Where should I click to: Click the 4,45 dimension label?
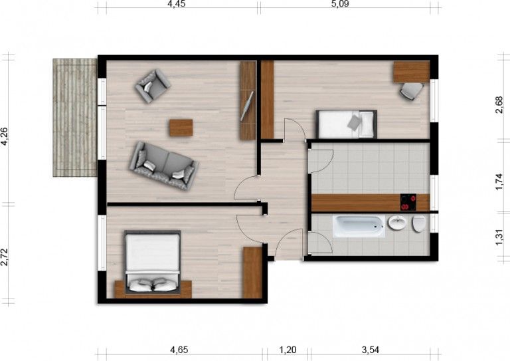[177, 4]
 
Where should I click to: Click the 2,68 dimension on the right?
[499, 106]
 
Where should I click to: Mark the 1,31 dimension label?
[499, 237]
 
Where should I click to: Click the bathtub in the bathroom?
[359, 226]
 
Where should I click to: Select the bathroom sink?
[398, 223]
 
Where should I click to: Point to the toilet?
[420, 224]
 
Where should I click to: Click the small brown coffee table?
[181, 127]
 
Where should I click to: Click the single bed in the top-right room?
[345, 123]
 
